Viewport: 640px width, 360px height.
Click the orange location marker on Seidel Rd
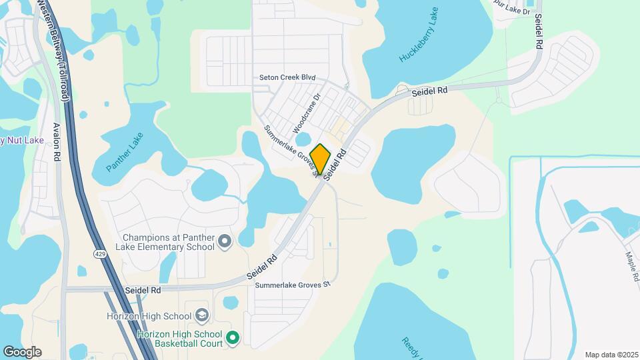[321, 158]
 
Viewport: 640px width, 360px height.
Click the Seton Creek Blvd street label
[287, 78]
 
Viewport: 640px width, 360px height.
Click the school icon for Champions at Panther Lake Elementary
[225, 241]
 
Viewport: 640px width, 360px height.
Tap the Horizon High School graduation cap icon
[201, 315]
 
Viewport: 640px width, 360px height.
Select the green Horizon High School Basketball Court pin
[232, 339]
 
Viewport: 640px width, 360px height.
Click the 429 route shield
[98, 254]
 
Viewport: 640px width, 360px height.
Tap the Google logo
[22, 352]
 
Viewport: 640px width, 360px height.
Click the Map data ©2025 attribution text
[611, 355]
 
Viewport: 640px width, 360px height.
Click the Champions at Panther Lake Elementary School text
[169, 242]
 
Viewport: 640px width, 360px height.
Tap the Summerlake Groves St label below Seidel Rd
[293, 285]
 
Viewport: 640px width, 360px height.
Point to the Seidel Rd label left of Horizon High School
[143, 291]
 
